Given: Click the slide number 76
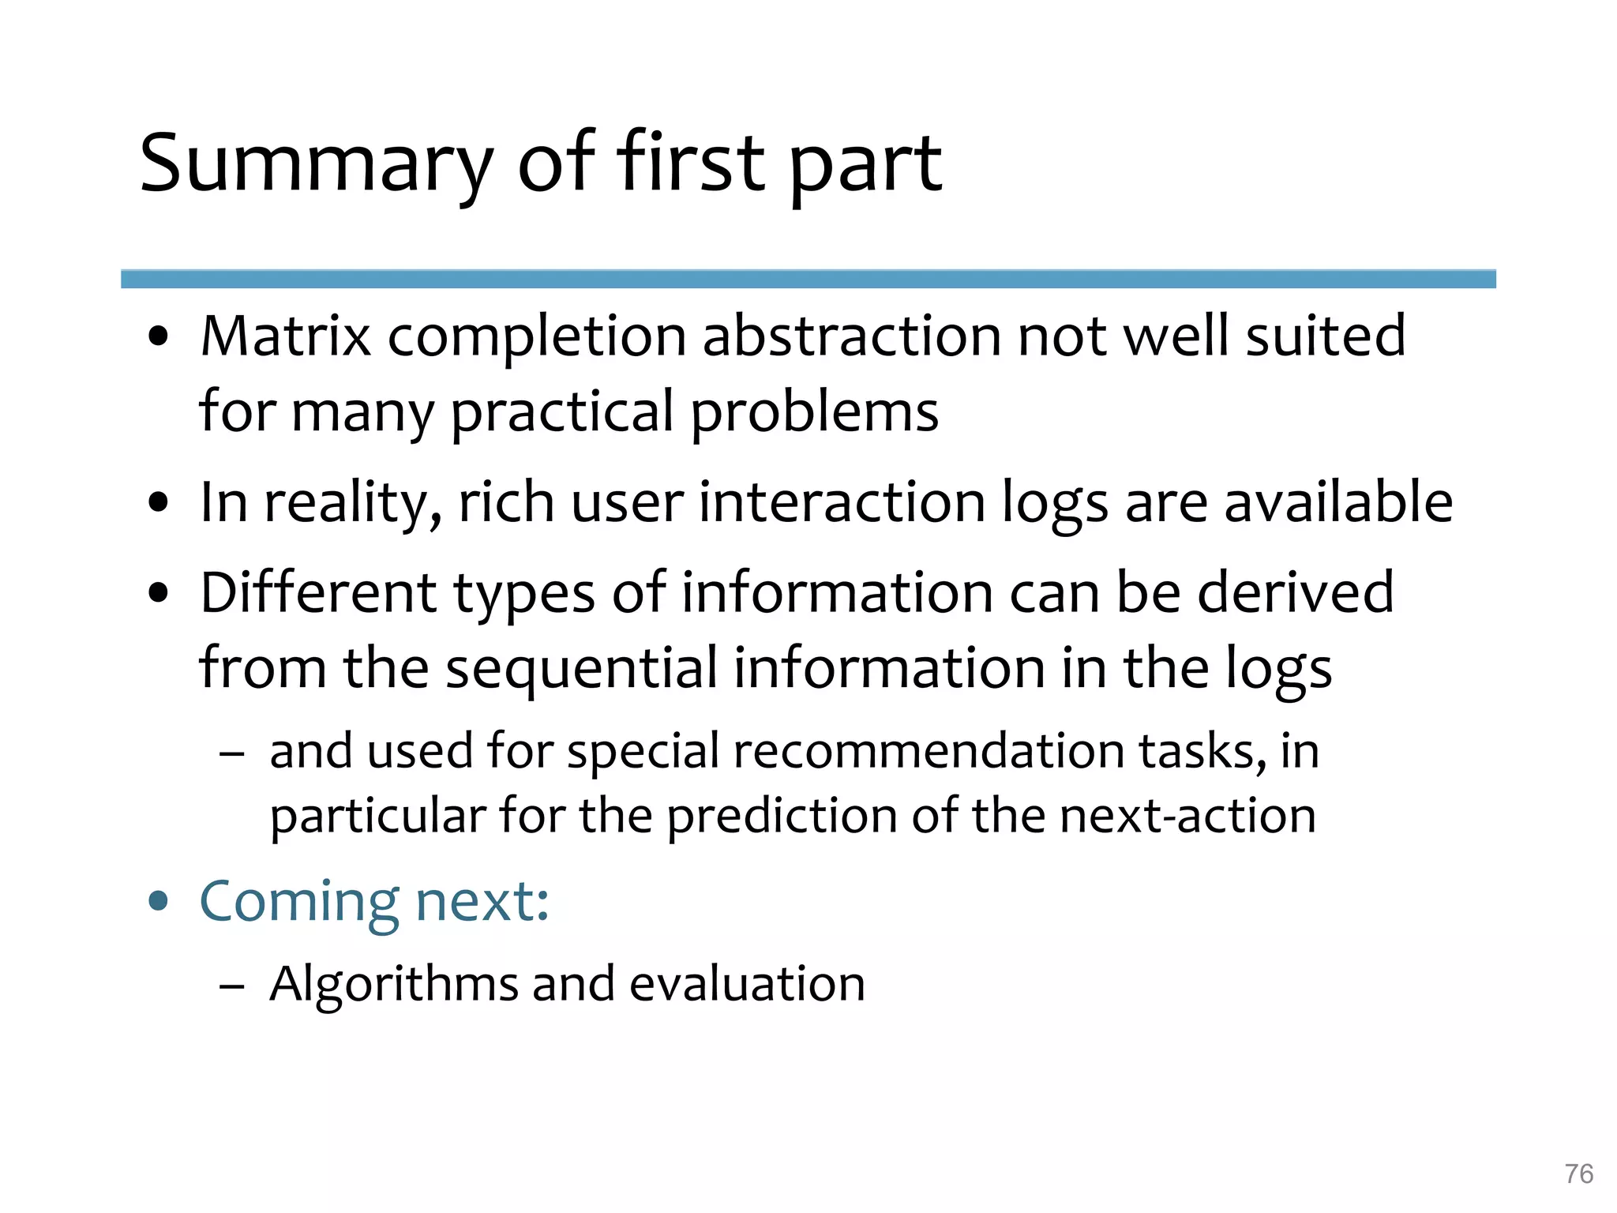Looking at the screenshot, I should point(1578,1174).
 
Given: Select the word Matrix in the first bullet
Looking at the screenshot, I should point(285,336).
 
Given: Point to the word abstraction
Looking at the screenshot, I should point(850,336).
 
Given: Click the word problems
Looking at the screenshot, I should point(815,412).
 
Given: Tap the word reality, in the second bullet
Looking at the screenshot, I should point(352,503).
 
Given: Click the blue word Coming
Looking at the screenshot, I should point(299,902).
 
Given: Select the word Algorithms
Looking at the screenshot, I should point(392,985).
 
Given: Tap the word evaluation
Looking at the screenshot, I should point(747,984).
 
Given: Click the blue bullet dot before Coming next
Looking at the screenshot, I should point(159,900).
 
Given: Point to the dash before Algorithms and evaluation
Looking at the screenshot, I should point(231,986).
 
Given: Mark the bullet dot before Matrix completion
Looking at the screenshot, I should point(159,336).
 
